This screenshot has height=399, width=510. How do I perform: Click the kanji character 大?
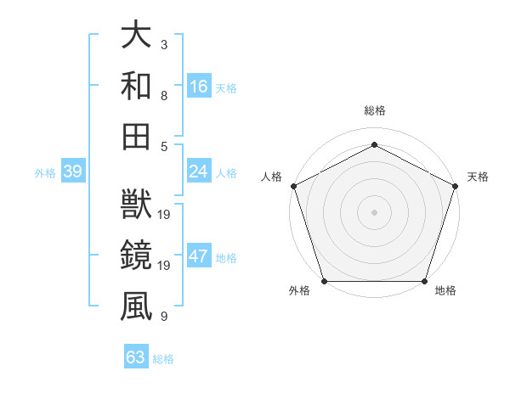[137, 35]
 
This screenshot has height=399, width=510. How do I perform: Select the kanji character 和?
[137, 85]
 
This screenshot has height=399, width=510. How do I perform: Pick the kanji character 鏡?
[137, 255]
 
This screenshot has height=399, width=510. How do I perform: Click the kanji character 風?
[137, 305]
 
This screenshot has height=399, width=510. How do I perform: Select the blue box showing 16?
[198, 86]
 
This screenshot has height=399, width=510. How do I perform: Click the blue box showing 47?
[198, 257]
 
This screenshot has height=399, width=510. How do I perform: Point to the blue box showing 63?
[135, 357]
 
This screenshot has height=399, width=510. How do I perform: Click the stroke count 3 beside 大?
[163, 43]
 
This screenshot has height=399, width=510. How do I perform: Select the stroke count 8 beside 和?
[163, 95]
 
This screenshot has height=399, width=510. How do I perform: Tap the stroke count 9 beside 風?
[163, 317]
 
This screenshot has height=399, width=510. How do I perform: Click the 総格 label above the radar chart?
[374, 111]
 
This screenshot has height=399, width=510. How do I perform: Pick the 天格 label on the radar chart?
[478, 177]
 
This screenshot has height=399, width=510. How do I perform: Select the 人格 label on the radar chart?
[272, 177]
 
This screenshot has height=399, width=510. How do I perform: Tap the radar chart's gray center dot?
[374, 211]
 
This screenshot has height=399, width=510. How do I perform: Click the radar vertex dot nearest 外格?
[324, 281]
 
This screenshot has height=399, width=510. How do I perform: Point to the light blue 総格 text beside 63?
[163, 359]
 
